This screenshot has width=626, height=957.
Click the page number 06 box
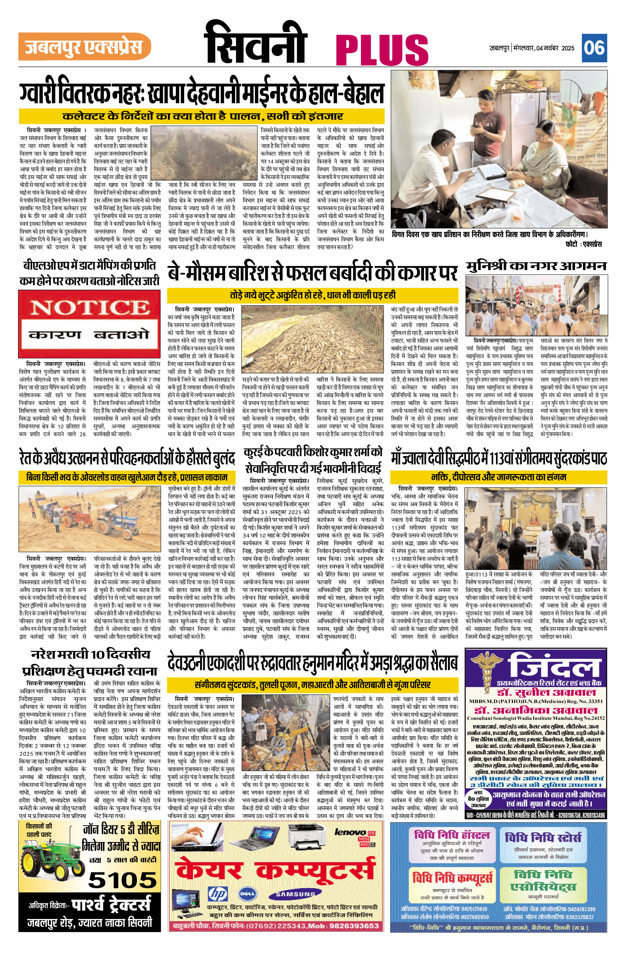coord(594,48)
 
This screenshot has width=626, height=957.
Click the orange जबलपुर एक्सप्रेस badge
coord(84,47)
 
